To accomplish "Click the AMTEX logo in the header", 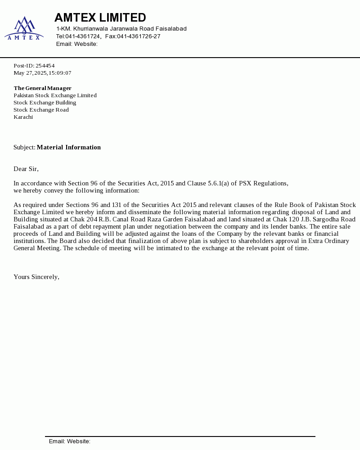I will pos(24,28).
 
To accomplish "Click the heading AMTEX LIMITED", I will pos(100,18).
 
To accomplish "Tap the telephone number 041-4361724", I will pos(83,36).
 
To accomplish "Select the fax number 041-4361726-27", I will pos(139,36).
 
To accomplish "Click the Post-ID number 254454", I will pos(45,66).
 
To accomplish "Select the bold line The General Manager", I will pos(42,88).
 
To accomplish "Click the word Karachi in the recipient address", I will pos(23,117).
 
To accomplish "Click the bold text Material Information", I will pos(68,147).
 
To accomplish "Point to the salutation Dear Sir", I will pos(26,169).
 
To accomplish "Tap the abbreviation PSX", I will pos(246,183).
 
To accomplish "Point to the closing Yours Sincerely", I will pos(36,277).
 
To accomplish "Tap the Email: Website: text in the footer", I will pos(70,441).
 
